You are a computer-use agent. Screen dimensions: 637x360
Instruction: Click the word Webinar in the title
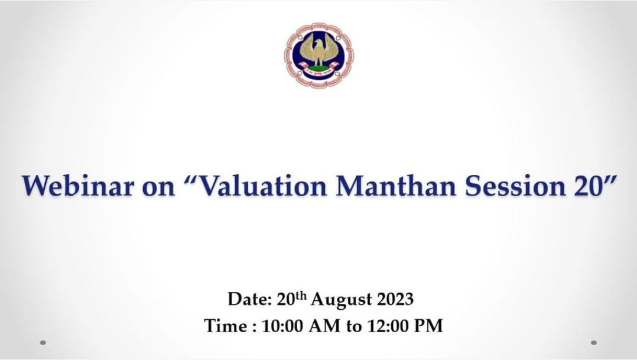click(x=77, y=186)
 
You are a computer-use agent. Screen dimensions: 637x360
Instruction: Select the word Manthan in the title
click(x=396, y=186)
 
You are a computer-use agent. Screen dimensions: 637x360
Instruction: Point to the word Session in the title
click(x=515, y=186)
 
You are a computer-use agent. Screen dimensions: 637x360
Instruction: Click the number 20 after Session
click(x=589, y=186)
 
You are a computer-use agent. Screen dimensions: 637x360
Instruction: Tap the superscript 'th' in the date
click(x=300, y=296)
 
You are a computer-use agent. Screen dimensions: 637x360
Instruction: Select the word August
click(x=342, y=300)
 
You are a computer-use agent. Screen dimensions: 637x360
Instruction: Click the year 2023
click(x=395, y=299)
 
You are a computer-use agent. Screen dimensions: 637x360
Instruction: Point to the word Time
click(x=226, y=326)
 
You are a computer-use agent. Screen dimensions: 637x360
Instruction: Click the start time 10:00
click(x=282, y=326)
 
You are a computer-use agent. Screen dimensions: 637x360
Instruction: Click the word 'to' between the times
click(x=353, y=327)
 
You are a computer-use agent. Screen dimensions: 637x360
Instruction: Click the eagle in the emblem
click(x=319, y=51)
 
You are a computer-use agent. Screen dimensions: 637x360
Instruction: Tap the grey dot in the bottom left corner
click(x=43, y=342)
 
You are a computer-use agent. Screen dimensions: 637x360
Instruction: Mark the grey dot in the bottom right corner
click(x=593, y=342)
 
